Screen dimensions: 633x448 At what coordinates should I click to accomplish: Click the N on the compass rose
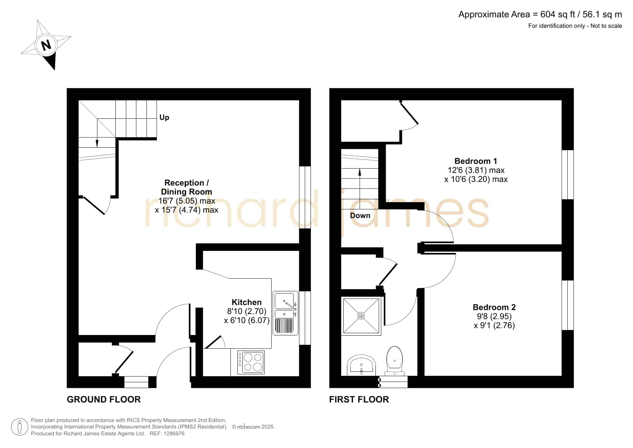(46, 45)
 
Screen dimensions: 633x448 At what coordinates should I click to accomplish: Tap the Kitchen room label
(246, 302)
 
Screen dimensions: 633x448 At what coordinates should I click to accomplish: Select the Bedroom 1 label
(475, 161)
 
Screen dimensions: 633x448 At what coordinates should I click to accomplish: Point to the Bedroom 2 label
(494, 307)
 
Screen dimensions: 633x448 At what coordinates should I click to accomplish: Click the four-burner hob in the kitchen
(251, 362)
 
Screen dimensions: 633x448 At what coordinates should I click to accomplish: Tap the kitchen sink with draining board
(285, 313)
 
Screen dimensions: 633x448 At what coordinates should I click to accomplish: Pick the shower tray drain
(361, 316)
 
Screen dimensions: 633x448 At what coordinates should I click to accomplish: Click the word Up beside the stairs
(164, 118)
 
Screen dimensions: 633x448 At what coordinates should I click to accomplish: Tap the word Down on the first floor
(360, 216)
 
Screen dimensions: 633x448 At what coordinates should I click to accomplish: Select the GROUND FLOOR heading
(104, 399)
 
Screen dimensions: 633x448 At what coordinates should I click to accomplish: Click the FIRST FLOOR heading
(359, 399)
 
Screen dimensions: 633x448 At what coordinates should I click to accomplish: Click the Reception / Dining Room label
(186, 187)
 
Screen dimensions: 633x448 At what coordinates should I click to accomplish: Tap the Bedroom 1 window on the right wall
(567, 175)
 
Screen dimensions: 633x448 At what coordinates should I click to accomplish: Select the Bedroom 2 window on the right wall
(567, 305)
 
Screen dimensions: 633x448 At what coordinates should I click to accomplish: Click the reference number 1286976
(175, 434)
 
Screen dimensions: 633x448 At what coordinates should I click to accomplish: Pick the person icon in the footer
(19, 427)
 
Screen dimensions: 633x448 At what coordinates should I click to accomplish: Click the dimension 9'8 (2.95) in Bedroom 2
(494, 316)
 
